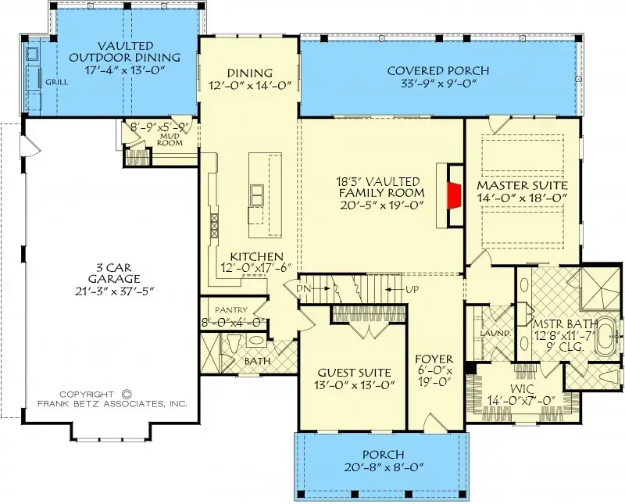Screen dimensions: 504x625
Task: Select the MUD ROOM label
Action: (x=170, y=139)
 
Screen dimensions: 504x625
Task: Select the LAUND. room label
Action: (x=495, y=334)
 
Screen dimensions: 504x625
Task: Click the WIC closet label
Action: (x=520, y=388)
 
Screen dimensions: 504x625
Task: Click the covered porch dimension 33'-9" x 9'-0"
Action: (x=438, y=85)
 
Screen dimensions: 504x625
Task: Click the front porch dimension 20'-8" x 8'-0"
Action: (x=383, y=468)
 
